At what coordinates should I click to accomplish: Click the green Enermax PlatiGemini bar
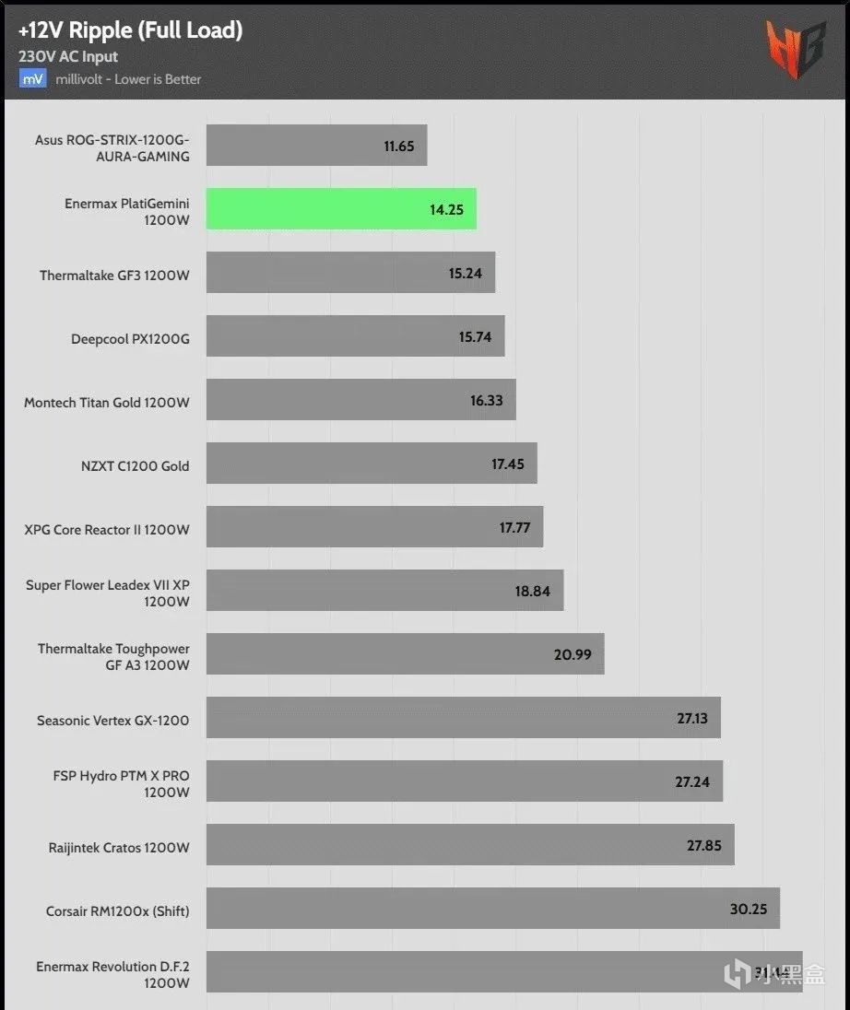[341, 209]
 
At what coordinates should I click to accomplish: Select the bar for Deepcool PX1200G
[355, 336]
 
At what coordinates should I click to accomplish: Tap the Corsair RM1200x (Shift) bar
[492, 909]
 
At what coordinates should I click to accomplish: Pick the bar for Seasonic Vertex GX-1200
[463, 718]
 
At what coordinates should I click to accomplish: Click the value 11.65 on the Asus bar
[399, 146]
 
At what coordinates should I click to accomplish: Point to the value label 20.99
[573, 654]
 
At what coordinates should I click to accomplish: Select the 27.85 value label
[704, 845]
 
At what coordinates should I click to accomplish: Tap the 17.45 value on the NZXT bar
[508, 464]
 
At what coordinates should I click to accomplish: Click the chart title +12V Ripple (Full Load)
[130, 30]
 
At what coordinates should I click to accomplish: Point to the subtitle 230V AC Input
[68, 56]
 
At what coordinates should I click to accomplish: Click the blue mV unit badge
[32, 79]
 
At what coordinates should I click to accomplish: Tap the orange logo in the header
[795, 48]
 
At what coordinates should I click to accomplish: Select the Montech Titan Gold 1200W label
[107, 403]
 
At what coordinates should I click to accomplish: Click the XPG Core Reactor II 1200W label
[107, 530]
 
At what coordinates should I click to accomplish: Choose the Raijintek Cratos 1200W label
[119, 847]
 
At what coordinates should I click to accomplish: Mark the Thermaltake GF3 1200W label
[114, 276]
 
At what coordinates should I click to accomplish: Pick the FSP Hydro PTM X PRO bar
[464, 781]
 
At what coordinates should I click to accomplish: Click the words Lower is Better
[158, 79]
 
